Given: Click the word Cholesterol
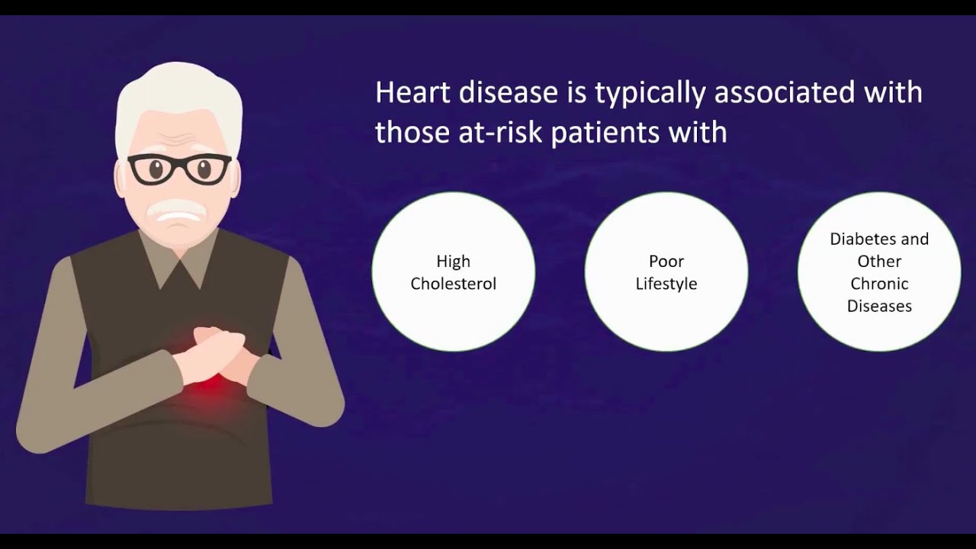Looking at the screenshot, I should pyautogui.click(x=453, y=284).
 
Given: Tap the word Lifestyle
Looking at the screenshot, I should pyautogui.click(x=666, y=284).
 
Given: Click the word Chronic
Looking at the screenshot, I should pyautogui.click(x=879, y=284).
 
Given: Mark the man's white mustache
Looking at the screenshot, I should pyautogui.click(x=177, y=208).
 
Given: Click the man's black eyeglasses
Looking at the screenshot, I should pyautogui.click(x=179, y=169).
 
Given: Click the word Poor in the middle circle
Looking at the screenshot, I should pyautogui.click(x=666, y=262).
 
